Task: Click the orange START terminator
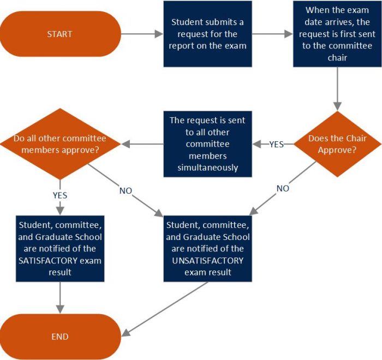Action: pyautogui.click(x=60, y=34)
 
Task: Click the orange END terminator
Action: pyautogui.click(x=60, y=337)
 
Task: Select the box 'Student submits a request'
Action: pyautogui.click(x=208, y=34)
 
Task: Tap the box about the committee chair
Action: pyautogui.click(x=337, y=34)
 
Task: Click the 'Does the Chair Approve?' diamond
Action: pyautogui.click(x=337, y=144)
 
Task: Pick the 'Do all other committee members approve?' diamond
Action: pyautogui.click(x=60, y=144)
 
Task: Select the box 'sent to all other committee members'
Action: pyautogui.click(x=208, y=144)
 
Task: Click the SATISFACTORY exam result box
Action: pyautogui.click(x=60, y=248)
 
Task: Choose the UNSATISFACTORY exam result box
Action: pyautogui.click(x=208, y=248)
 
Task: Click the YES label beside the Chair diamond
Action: pyautogui.click(x=277, y=145)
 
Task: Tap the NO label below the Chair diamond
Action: pyautogui.click(x=283, y=188)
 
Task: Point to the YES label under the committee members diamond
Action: pyautogui.click(x=60, y=195)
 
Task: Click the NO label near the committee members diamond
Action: pyautogui.click(x=126, y=191)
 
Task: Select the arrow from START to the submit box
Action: pyautogui.click(x=142, y=34)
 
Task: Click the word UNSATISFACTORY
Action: pyautogui.click(x=208, y=260)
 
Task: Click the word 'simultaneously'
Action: pyautogui.click(x=208, y=167)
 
